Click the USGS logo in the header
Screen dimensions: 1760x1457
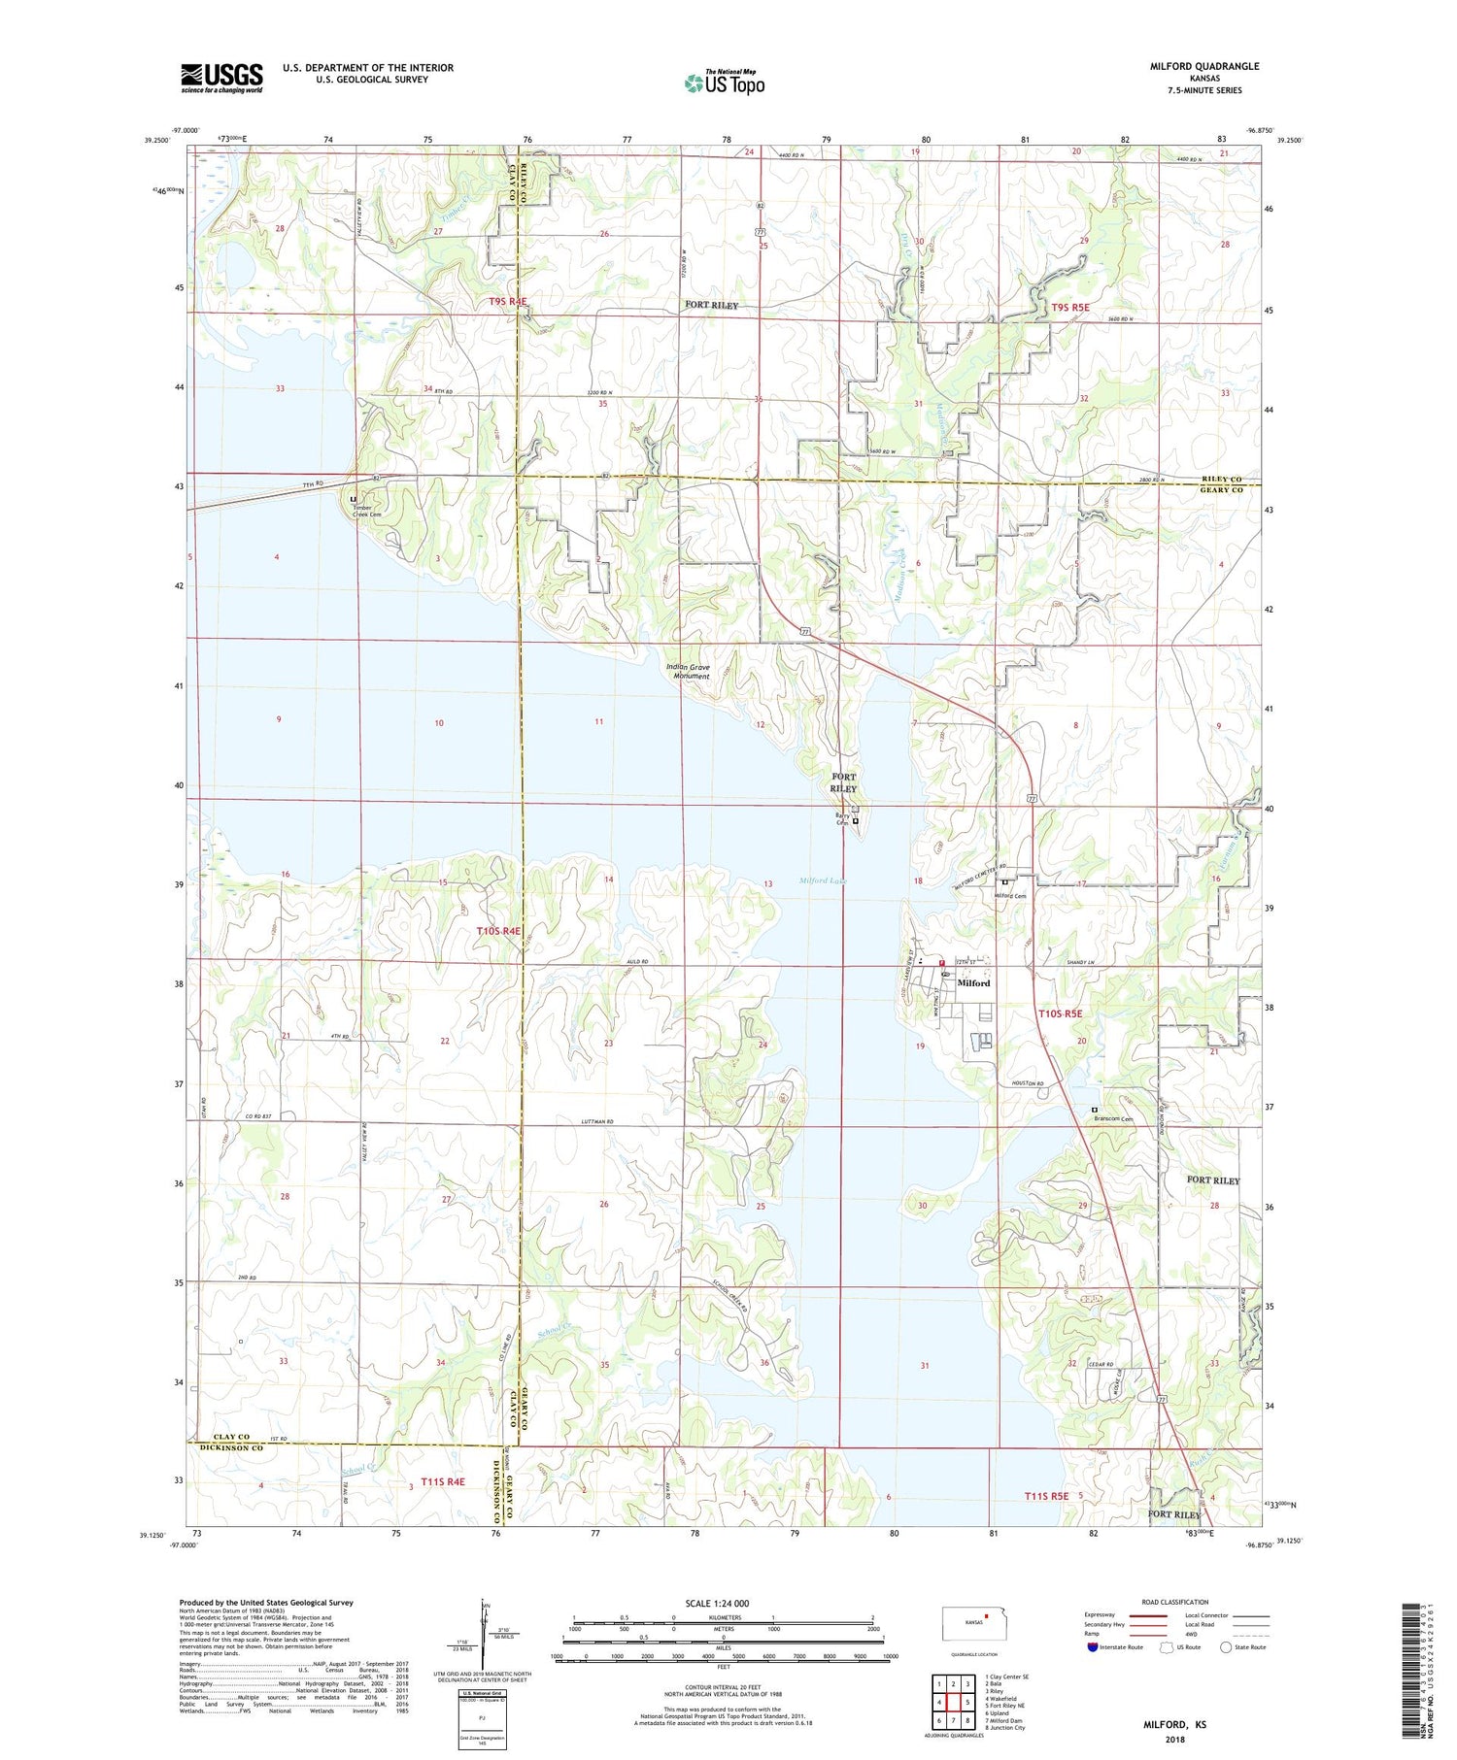(x=221, y=77)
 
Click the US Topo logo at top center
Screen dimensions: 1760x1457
(x=724, y=83)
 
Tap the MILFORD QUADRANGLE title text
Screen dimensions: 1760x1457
(x=1203, y=66)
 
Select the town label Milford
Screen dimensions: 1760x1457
(x=973, y=983)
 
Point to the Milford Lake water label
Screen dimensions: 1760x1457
(x=823, y=880)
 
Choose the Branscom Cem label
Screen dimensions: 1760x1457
(x=1113, y=1118)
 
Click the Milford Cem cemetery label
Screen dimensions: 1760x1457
(x=1010, y=895)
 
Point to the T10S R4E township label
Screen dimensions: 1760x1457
(x=498, y=930)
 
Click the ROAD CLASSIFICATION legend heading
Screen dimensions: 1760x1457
(x=1174, y=1602)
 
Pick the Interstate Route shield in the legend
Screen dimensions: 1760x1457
(x=1094, y=1647)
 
